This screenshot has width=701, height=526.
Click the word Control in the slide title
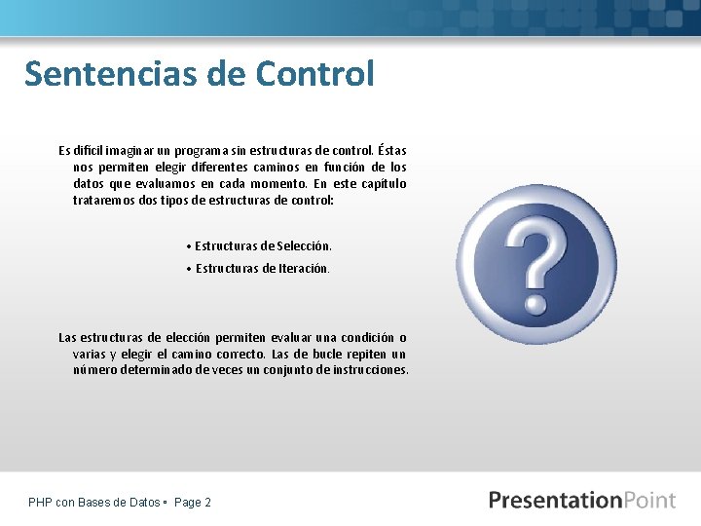[x=314, y=74]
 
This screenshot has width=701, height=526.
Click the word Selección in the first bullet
[x=305, y=246]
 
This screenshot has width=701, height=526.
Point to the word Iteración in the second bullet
[x=303, y=268]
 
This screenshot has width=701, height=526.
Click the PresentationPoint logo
[x=581, y=501]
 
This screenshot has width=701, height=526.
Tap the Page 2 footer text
[x=192, y=503]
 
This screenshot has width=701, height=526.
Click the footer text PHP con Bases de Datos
[x=94, y=503]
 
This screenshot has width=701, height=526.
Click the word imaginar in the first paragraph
[x=120, y=151]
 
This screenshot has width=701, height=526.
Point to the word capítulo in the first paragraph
[x=383, y=184]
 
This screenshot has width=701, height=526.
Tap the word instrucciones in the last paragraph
[x=372, y=370]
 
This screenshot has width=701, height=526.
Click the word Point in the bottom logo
[x=646, y=501]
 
